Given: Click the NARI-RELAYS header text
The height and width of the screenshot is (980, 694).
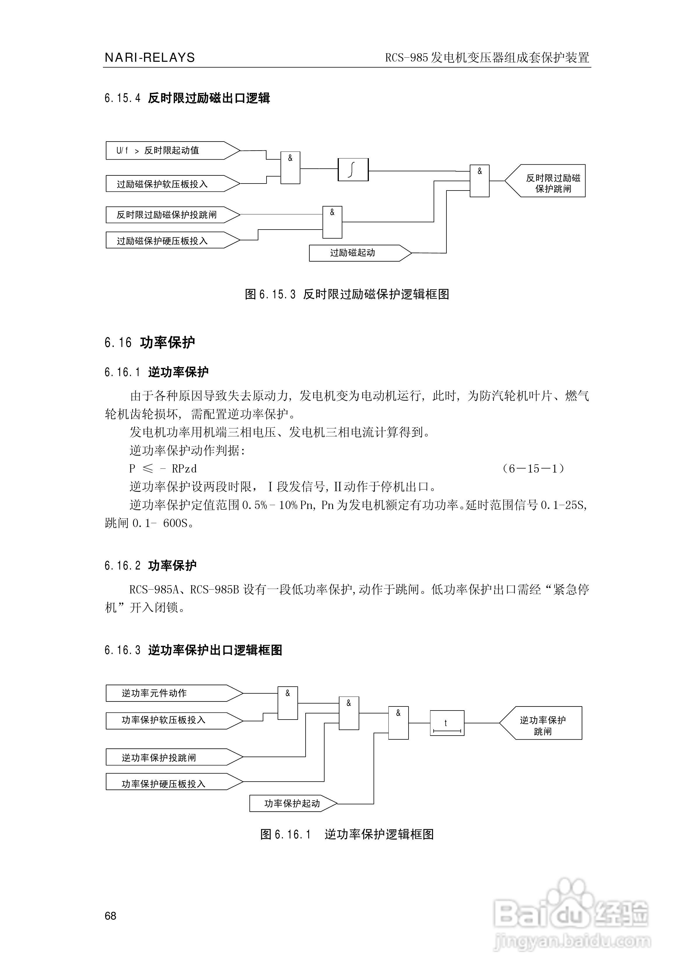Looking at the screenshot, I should coord(150,58).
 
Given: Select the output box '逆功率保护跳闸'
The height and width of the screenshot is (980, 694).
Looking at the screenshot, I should coord(543,723).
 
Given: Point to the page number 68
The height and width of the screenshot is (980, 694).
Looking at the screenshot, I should coord(110,916).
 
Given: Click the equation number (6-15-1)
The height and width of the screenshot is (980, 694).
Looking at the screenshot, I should coord(533,469).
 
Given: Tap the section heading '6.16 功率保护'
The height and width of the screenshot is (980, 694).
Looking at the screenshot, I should coord(150,342).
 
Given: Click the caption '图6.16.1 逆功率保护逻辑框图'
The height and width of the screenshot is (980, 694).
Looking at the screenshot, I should coord(347,834).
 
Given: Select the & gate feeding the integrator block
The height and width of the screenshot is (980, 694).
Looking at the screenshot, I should coord(290,168).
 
